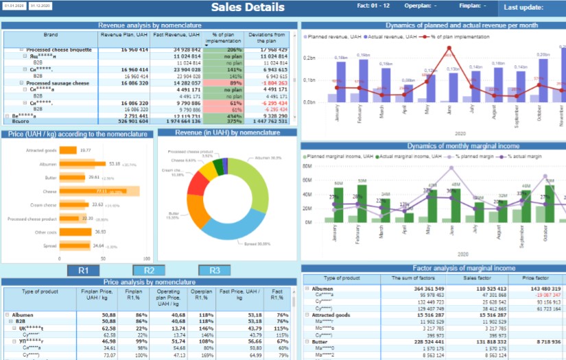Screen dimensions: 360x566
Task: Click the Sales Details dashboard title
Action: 247,8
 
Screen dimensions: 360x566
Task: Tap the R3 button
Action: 214,270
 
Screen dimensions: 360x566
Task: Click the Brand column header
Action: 51,34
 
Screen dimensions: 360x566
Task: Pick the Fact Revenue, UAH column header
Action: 176,34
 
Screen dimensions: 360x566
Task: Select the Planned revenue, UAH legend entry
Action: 333,36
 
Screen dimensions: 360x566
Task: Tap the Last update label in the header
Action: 523,8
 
